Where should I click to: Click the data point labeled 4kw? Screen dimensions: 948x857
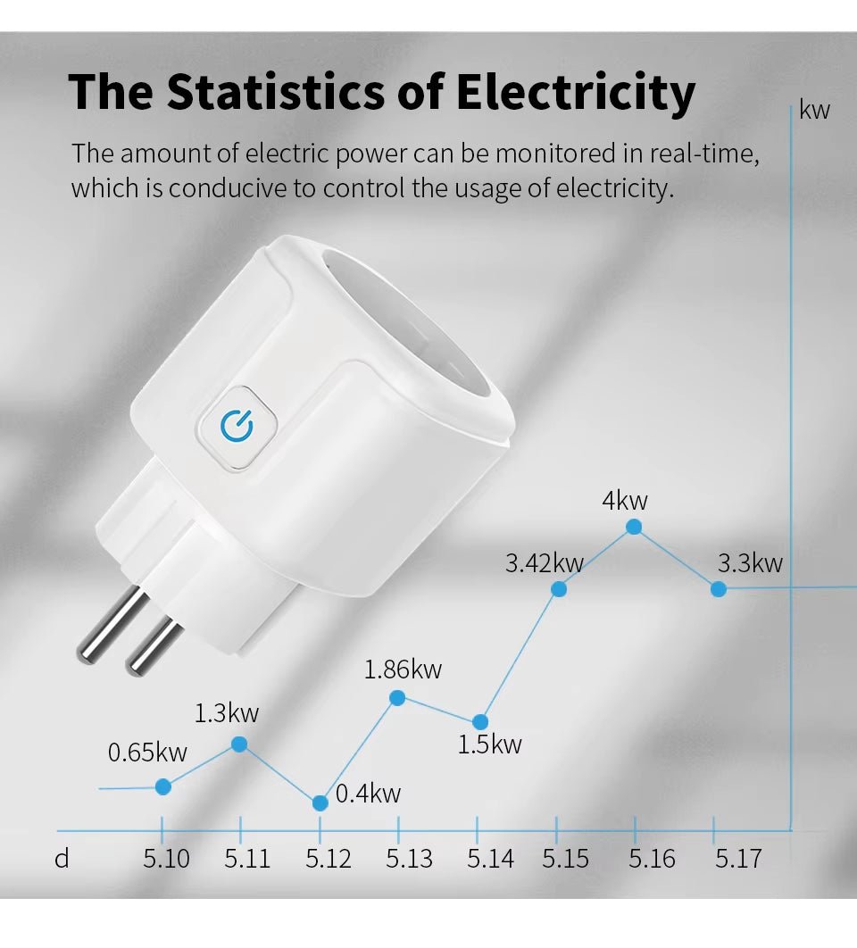click(634, 527)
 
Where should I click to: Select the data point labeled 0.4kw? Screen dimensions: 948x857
click(320, 802)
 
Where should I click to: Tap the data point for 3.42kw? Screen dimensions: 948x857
click(559, 589)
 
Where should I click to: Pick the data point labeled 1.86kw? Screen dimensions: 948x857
click(398, 697)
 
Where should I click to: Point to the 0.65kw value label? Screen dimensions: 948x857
click(147, 753)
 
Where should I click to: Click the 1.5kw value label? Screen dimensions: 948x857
click(489, 744)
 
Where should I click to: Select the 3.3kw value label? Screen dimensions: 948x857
click(750, 563)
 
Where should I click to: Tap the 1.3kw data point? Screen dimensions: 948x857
click(239, 744)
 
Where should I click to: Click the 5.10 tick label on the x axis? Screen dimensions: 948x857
click(166, 859)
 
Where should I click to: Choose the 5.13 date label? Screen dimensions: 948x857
click(409, 859)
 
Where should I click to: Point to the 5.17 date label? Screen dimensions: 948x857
click(738, 859)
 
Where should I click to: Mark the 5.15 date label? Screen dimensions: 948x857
click(565, 859)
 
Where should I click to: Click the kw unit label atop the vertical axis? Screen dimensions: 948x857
click(814, 111)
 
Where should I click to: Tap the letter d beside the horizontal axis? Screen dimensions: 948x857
click(62, 859)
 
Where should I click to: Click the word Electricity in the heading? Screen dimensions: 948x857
click(576, 92)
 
